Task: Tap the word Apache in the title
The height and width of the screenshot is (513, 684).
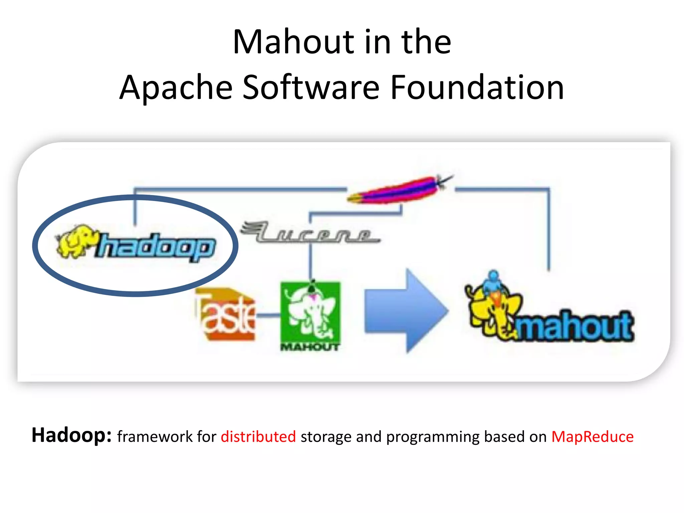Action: [x=176, y=88]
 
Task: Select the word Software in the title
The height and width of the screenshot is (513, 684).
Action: [x=311, y=87]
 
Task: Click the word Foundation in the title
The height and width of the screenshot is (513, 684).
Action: [x=477, y=87]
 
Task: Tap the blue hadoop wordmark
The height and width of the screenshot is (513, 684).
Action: [x=156, y=247]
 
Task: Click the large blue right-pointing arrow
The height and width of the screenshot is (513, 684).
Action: [x=406, y=311]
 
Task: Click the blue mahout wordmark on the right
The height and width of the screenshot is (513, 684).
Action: [x=574, y=326]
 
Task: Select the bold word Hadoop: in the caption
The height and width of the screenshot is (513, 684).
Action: [x=71, y=435]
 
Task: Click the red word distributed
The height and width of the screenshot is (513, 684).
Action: [x=258, y=437]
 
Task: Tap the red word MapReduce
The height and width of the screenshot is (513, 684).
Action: [x=592, y=437]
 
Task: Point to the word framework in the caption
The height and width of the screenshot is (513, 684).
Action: [x=155, y=437]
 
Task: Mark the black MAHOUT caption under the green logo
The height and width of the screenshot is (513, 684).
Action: [x=310, y=347]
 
